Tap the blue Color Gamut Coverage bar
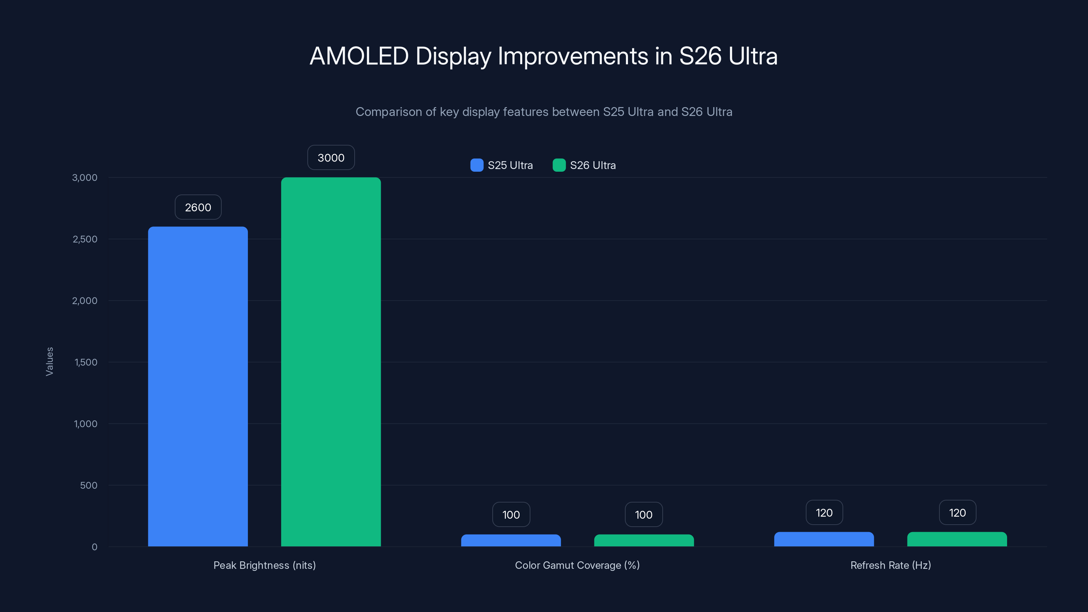pos(511,540)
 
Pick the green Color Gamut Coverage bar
pos(644,540)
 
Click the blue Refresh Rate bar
pos(823,539)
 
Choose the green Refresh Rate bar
pos(957,539)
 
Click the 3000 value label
pos(331,157)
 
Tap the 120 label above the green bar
pos(957,513)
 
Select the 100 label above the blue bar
pos(511,514)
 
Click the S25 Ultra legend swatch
pos(477,165)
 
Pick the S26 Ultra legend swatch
pos(559,165)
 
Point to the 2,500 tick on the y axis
pos(85,239)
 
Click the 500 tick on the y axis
pos(89,485)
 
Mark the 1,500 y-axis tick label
pos(86,362)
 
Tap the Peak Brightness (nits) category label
pos(265,565)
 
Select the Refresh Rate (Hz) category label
pos(890,565)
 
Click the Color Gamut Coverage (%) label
pos(577,565)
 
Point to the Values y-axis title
pos(49,361)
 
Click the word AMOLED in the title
pos(359,56)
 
